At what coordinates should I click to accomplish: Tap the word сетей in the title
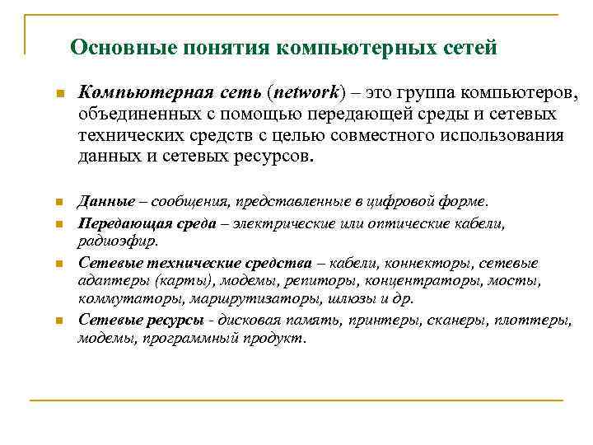coord(468,47)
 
